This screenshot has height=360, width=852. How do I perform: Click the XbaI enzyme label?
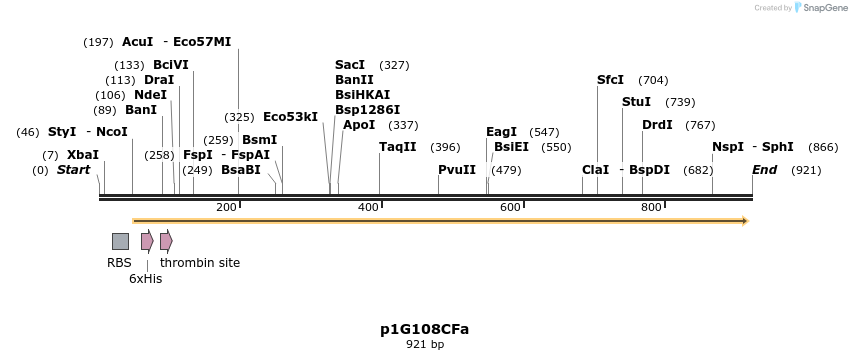pyautogui.click(x=83, y=155)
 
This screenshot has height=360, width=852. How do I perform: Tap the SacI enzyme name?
pyautogui.click(x=350, y=65)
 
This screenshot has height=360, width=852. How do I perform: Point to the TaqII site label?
pyautogui.click(x=398, y=147)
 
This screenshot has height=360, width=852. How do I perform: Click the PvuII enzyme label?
pyautogui.click(x=457, y=170)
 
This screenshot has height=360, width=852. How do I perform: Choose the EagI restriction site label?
pyautogui.click(x=501, y=132)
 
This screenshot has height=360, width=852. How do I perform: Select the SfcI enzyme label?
pyautogui.click(x=610, y=80)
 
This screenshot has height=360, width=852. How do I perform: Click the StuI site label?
pyautogui.click(x=636, y=102)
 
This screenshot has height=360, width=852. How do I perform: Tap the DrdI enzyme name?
pyautogui.click(x=657, y=125)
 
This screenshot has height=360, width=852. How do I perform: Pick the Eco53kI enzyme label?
pyautogui.click(x=290, y=117)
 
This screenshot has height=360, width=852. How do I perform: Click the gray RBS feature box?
pyautogui.click(x=120, y=241)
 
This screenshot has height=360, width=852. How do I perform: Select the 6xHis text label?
pyautogui.click(x=145, y=279)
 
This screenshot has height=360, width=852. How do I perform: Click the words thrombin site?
pyautogui.click(x=200, y=263)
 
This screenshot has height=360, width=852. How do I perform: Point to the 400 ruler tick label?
pyautogui.click(x=369, y=207)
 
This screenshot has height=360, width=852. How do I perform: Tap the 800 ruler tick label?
pyautogui.click(x=652, y=207)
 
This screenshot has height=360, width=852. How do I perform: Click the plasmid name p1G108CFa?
pyautogui.click(x=424, y=329)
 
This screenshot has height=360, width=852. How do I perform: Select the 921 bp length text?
pyautogui.click(x=424, y=344)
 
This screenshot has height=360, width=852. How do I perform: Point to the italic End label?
pyautogui.click(x=764, y=170)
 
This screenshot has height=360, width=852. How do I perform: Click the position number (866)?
pyautogui.click(x=823, y=147)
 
